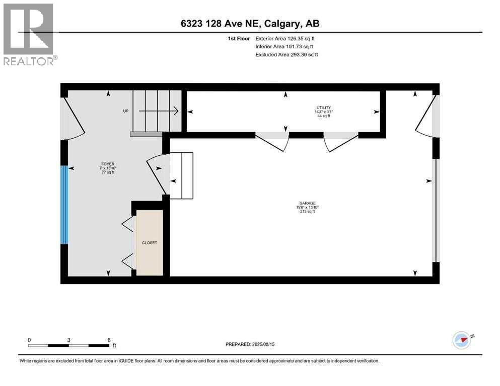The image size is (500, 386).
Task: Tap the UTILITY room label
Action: (323, 108)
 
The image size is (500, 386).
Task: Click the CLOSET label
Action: (149, 243)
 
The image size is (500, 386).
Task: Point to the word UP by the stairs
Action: (126, 111)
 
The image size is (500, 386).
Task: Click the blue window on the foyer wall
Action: (64, 205)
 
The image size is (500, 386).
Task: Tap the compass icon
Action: (462, 340)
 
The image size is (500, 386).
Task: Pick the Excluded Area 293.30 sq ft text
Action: (287, 54)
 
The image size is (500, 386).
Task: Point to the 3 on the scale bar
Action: (68, 340)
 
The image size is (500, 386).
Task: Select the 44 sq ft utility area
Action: (323, 116)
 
